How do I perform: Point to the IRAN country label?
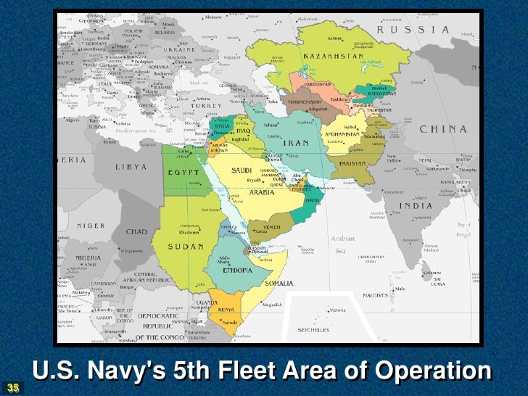tap(296, 143)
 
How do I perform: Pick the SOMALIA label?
tap(279, 283)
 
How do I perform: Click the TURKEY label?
tap(207, 106)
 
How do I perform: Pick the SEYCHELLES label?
tap(313, 330)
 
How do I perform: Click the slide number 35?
tap(13, 387)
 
